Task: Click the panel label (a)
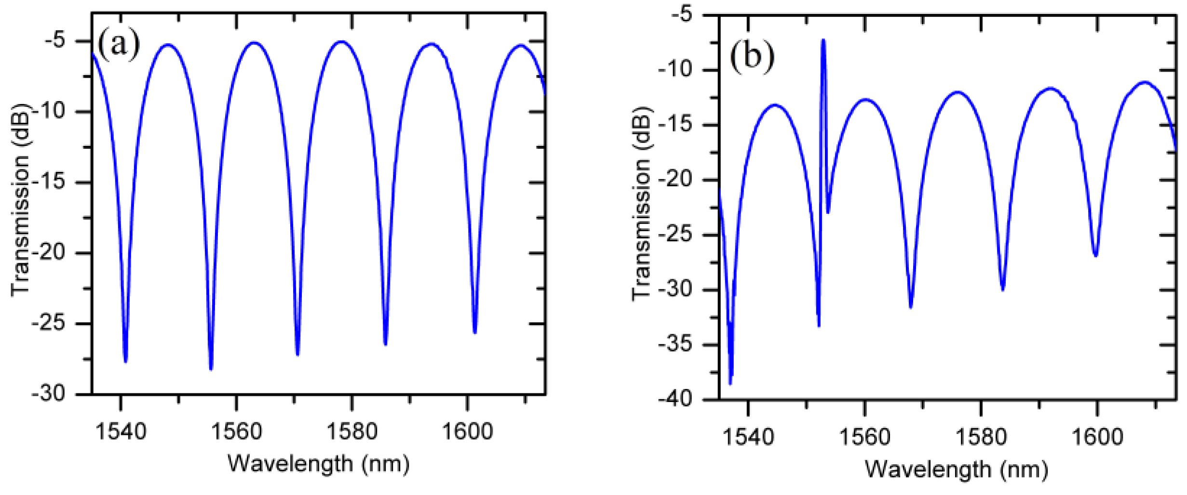pyautogui.click(x=119, y=44)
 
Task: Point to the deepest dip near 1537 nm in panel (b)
pyautogui.click(x=730, y=383)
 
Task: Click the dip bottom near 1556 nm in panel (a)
pyautogui.click(x=211, y=368)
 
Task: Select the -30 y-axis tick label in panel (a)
pyautogui.click(x=49, y=394)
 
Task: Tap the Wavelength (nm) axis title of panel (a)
pyautogui.click(x=318, y=464)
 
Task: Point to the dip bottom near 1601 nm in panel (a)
pyautogui.click(x=475, y=332)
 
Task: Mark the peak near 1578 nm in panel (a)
pyautogui.click(x=342, y=42)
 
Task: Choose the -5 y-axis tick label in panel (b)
pyautogui.click(x=682, y=15)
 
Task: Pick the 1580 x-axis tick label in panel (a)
pyautogui.click(x=351, y=431)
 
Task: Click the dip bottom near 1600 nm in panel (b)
pyautogui.click(x=1096, y=255)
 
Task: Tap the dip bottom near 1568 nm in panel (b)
pyautogui.click(x=911, y=307)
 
